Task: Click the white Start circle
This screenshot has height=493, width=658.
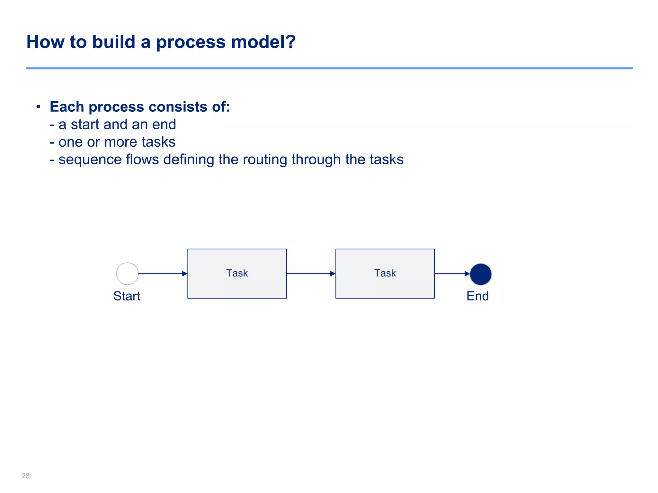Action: click(x=127, y=274)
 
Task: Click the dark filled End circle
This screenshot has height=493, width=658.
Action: click(x=481, y=274)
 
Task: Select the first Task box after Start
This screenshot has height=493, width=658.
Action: click(x=237, y=274)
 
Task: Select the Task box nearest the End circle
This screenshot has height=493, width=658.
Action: click(x=385, y=274)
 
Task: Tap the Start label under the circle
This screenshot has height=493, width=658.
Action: click(x=127, y=296)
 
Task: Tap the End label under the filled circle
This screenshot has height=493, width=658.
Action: click(x=478, y=296)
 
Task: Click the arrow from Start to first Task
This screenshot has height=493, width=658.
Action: click(x=163, y=274)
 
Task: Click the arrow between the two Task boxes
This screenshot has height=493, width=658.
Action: click(x=311, y=274)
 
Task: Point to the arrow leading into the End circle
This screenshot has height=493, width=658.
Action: click(x=452, y=274)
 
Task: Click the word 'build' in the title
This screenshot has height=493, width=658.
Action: click(x=114, y=42)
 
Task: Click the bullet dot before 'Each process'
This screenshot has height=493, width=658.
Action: click(x=38, y=107)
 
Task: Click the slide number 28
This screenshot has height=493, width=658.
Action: click(x=25, y=476)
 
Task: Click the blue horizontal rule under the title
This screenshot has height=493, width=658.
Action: click(x=329, y=68)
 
